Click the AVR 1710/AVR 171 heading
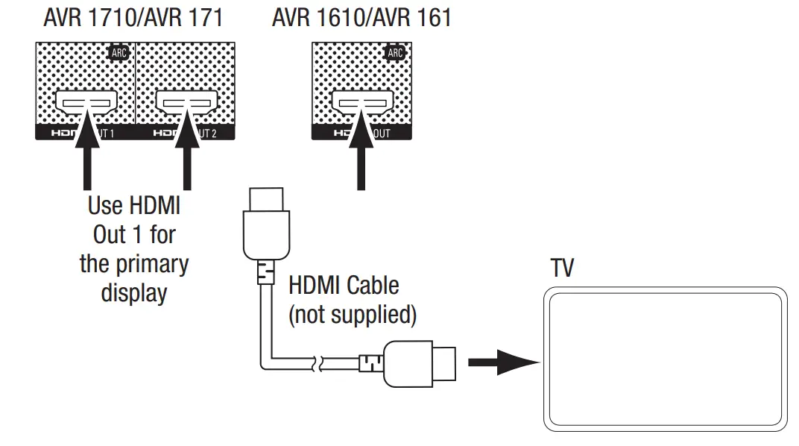tap(133, 18)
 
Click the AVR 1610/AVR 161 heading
tap(361, 18)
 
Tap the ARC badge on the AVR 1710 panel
tap(119, 53)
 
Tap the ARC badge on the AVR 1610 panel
tap(395, 53)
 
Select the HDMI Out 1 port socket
tap(86, 100)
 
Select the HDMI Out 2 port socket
tap(186, 100)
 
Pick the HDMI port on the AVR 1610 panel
tap(361, 100)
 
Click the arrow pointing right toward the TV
tap(502, 363)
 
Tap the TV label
tap(563, 268)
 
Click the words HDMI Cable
tap(344, 286)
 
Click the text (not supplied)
tap(352, 314)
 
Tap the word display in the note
tap(134, 292)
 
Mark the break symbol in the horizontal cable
tap(319, 364)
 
